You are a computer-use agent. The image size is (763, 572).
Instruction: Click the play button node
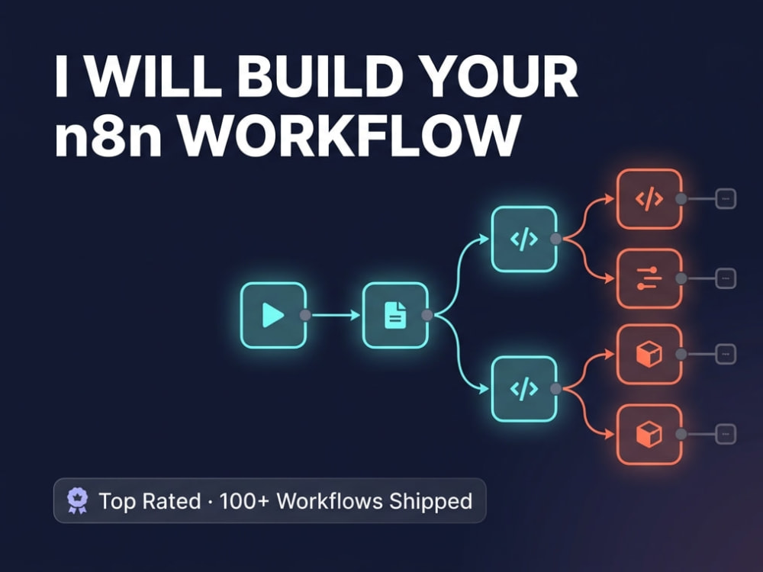pos(273,315)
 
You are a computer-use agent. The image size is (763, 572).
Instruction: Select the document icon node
pos(395,315)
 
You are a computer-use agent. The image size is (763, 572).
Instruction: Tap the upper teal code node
pos(524,239)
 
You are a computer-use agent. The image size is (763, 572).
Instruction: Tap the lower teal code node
pos(524,389)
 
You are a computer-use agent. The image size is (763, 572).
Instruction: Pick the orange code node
pos(649,198)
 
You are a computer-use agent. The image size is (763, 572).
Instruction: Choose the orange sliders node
pos(649,278)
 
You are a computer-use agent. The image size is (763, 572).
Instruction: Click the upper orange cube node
pos(649,354)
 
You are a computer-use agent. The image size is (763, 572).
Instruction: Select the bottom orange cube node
pos(649,434)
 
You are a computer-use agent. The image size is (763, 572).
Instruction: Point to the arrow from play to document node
pos(336,315)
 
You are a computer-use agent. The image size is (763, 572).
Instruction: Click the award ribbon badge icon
pos(77,500)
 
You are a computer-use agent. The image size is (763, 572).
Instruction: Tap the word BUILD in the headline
pos(320,77)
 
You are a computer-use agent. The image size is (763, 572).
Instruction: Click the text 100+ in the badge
pos(244,501)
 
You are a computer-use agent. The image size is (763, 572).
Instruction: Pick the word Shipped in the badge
pos(430,502)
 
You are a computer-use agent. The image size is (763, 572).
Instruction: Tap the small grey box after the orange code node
pos(726,198)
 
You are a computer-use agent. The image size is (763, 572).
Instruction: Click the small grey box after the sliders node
pos(726,278)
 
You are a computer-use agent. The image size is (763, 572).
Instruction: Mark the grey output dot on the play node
pos(305,315)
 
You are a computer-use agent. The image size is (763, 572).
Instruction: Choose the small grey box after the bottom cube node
pos(726,434)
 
